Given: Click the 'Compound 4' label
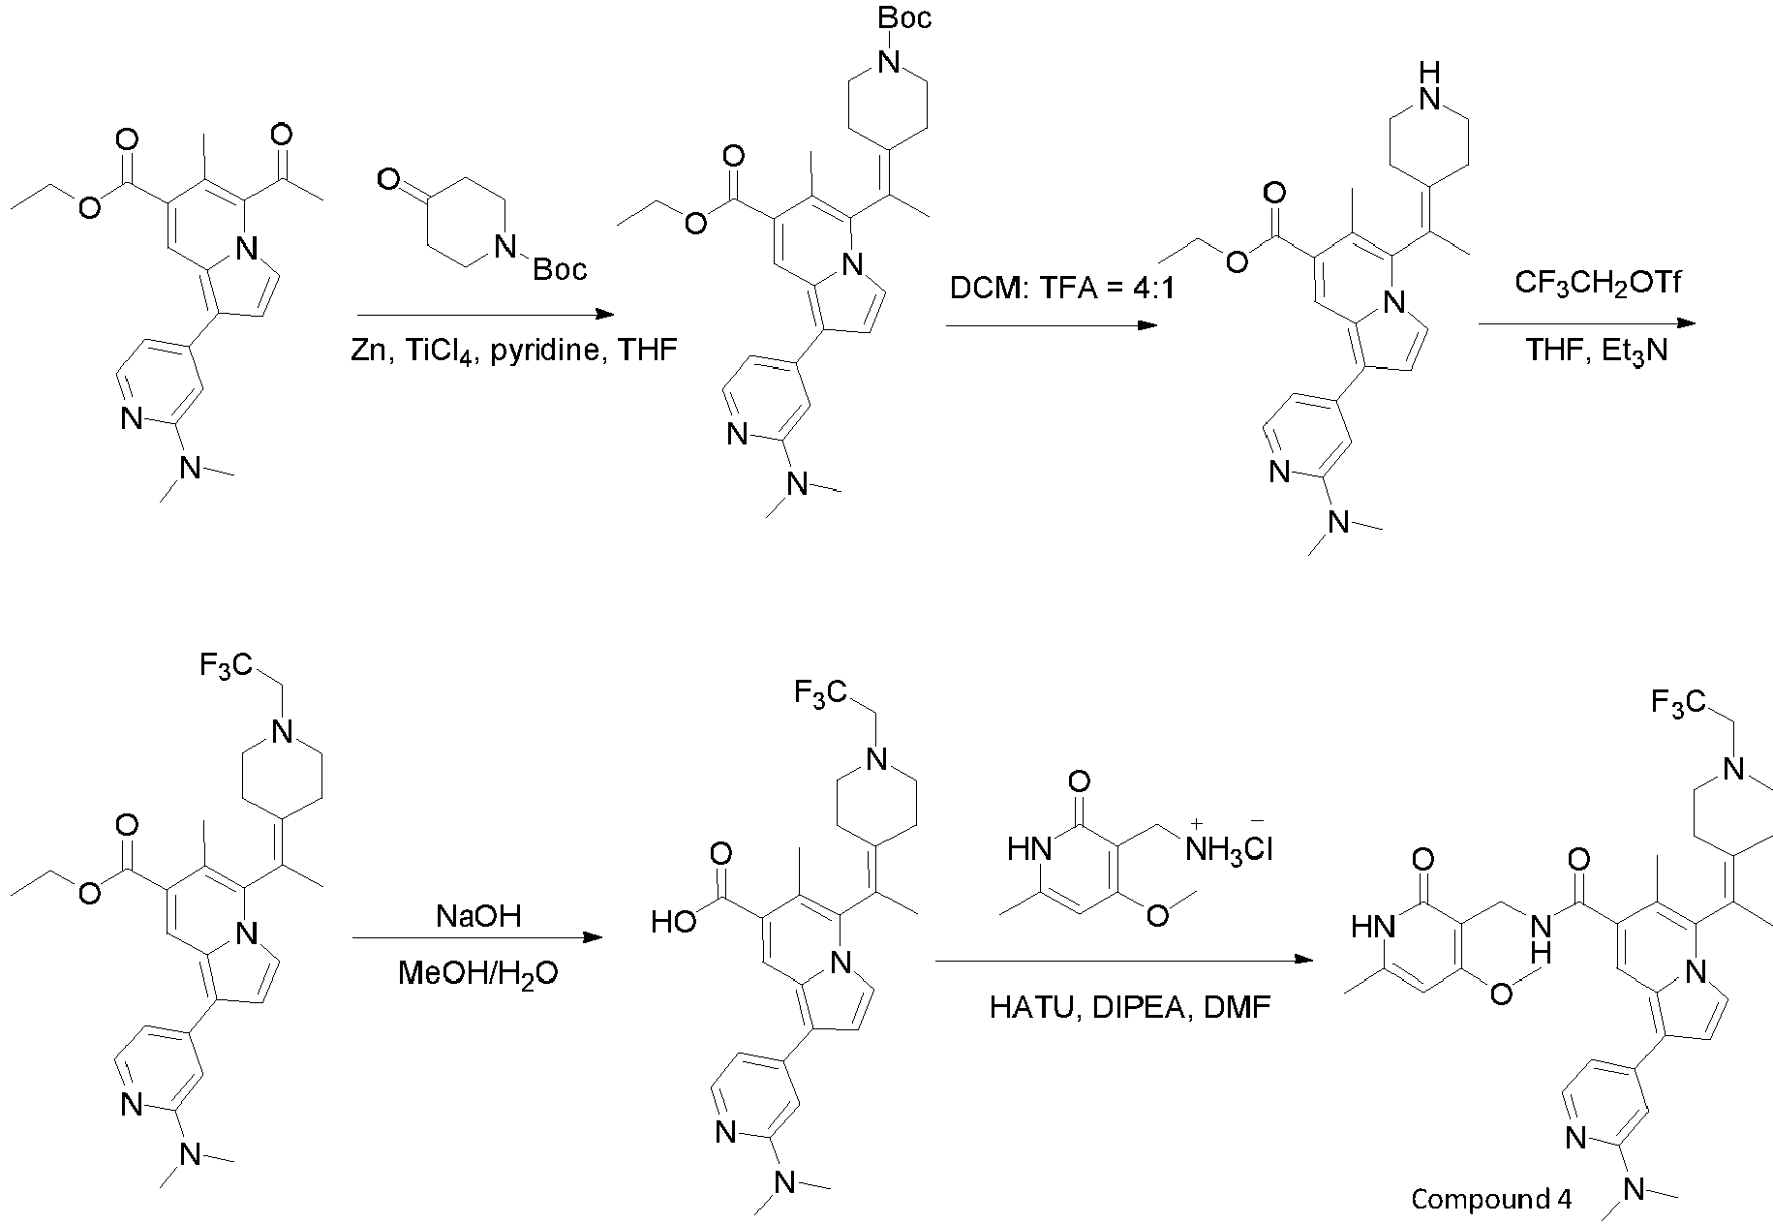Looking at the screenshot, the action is pyautogui.click(x=1491, y=1199).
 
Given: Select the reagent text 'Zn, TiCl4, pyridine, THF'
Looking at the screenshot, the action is pyautogui.click(x=513, y=351).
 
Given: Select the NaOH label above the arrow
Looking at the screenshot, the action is pyautogui.click(x=477, y=915).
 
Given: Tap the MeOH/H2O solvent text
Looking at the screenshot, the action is pyautogui.click(x=477, y=973).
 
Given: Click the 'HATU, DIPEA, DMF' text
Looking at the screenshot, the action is pyautogui.click(x=1129, y=1008).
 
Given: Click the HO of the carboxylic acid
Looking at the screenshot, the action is pyautogui.click(x=675, y=921).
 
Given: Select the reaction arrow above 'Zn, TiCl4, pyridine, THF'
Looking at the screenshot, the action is pyautogui.click(x=485, y=314).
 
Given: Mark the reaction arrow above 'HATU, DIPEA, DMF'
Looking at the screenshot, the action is pyautogui.click(x=1124, y=961).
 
